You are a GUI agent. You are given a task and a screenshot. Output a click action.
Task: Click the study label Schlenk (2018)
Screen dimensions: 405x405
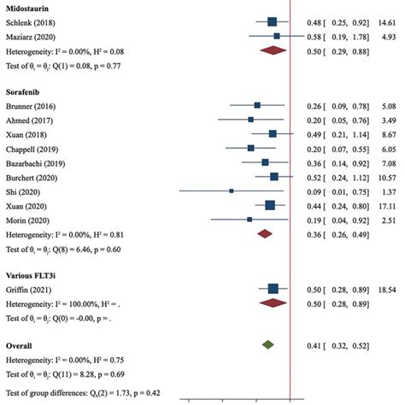tap(32, 21)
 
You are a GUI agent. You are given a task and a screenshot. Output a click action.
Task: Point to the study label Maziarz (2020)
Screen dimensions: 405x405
tap(32, 36)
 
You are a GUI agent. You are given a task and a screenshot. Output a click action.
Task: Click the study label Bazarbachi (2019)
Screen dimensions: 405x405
tap(38, 161)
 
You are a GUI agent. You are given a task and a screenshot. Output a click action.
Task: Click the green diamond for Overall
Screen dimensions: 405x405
tap(268, 344)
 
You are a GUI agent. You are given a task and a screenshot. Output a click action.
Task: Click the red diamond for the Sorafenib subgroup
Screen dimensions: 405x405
tap(264, 232)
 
